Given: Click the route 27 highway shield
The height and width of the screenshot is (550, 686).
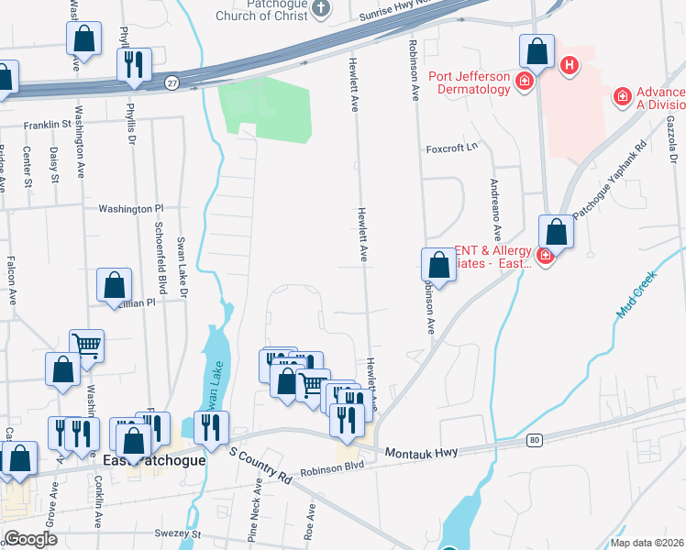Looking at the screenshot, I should tap(171, 83).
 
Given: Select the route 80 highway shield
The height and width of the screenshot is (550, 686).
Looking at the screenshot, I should tap(534, 441).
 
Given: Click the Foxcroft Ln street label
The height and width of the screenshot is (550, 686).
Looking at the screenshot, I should tap(453, 148).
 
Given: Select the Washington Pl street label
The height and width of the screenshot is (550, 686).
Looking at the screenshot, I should tap(130, 209).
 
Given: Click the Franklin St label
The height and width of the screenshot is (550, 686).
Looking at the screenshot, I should tap(49, 124).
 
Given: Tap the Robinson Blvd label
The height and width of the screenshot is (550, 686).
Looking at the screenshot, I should tap(332, 466).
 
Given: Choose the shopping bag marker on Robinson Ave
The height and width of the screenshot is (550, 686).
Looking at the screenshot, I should tap(439, 266).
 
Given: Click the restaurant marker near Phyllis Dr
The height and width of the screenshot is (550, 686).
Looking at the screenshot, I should tap(134, 64).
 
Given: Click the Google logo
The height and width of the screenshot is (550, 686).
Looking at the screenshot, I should tap(30, 539).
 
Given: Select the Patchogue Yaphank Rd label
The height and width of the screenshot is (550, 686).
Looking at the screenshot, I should tap(611, 180).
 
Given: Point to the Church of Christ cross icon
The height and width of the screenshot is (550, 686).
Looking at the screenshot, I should tap(320, 8).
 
